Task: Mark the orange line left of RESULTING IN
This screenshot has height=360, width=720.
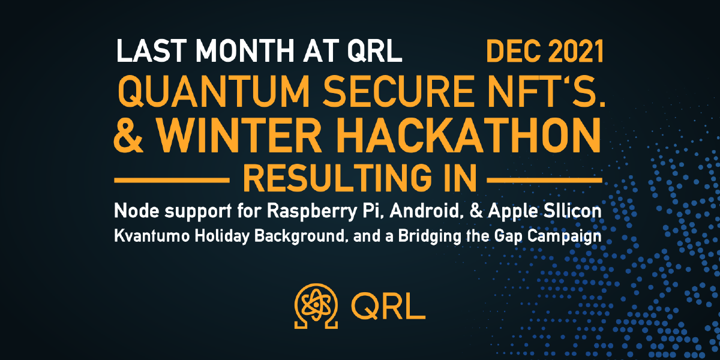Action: [x=172, y=179]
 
